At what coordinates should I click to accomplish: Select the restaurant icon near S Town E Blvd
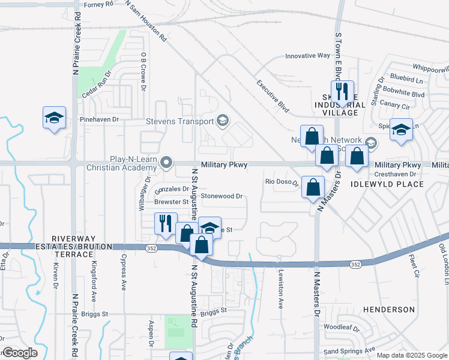342,92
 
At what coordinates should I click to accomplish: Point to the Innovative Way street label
307,56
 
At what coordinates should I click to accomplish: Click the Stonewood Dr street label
221,196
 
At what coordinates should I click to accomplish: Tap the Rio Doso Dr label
282,182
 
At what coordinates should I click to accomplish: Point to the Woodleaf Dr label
341,328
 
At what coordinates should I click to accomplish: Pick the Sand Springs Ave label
349,350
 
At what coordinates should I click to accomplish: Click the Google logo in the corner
19,353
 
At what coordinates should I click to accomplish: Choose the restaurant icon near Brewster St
165,224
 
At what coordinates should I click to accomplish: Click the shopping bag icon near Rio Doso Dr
313,187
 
